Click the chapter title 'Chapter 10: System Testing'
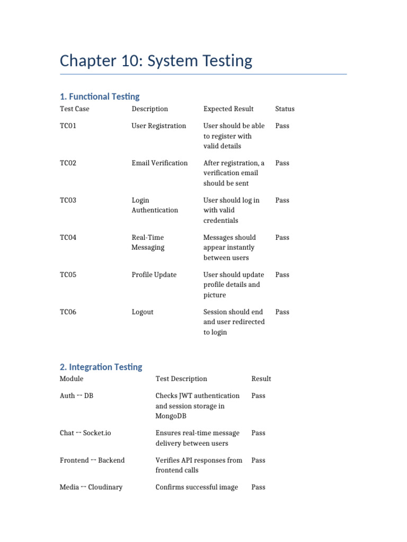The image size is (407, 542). pos(156,61)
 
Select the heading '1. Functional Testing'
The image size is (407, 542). pos(100,96)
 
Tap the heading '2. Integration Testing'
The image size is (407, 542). pos(101,367)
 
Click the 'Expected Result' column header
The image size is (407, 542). pos(228,109)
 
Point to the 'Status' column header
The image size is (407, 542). pos(285,109)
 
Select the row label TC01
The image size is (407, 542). pos(68,126)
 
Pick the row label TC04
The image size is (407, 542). pos(68,238)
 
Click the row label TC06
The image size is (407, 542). pos(68,312)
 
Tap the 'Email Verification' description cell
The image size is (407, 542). pos(160,163)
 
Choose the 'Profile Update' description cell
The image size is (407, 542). pos(154,275)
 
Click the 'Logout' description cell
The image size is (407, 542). pos(143,312)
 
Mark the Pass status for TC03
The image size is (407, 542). pos(282,201)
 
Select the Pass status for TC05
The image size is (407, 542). pos(282,275)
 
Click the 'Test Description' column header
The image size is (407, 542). pos(181,379)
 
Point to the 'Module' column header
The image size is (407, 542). pos(72,379)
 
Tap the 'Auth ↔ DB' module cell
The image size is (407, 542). pos(76,396)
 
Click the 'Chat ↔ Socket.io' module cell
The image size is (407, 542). pos(85,433)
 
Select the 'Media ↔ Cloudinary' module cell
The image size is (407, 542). pos(91,487)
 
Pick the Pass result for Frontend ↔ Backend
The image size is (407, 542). pos(258,460)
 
